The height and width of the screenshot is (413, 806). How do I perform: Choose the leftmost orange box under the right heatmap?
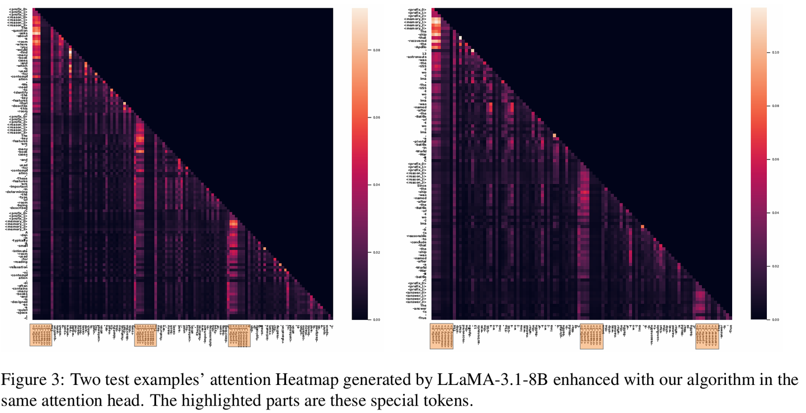pyautogui.click(x=441, y=336)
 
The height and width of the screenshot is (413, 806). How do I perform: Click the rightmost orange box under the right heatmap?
pyautogui.click(x=707, y=336)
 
